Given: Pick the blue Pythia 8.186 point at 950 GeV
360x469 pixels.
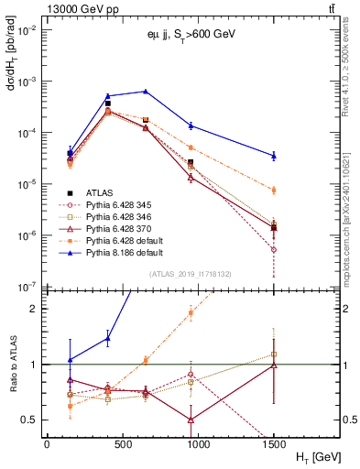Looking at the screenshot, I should [191, 125].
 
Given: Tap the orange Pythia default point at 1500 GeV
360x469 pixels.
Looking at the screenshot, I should [274, 190].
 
